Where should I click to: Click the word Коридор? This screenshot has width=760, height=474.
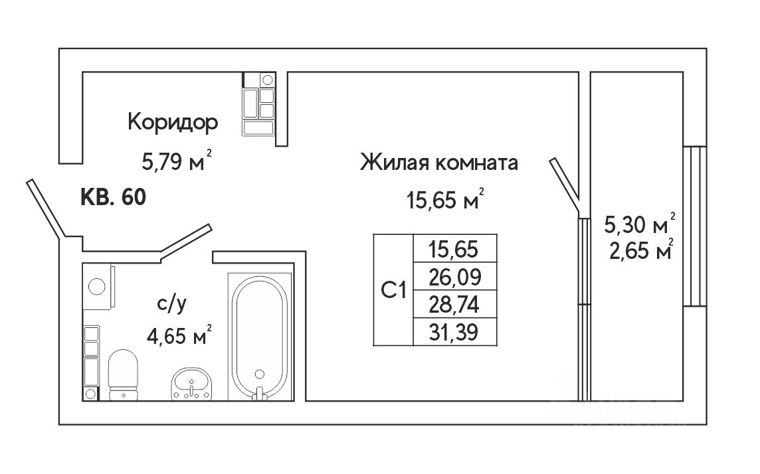pos(173,123)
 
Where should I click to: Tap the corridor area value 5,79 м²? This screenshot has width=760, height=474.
pos(176,161)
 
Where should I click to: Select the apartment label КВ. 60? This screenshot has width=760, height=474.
pos(113,197)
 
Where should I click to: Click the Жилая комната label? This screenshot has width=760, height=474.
pos(438,163)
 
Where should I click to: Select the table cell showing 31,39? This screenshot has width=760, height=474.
pos(455,331)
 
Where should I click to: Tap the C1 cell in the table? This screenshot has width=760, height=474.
pos(393,290)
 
